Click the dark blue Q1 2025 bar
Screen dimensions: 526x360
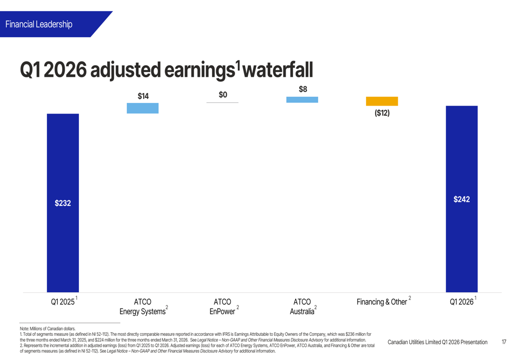point(63,203)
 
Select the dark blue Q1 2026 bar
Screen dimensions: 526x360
point(462,199)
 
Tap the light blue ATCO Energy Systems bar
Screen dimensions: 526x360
point(143,108)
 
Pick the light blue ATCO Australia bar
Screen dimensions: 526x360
point(302,99)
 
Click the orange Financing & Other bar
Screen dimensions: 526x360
point(382,101)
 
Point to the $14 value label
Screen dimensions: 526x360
point(143,96)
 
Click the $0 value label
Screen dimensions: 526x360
point(222,95)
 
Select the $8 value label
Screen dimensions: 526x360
point(303,89)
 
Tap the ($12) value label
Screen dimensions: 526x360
point(382,113)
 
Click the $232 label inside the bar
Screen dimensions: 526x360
point(63,203)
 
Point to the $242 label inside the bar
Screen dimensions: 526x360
point(462,199)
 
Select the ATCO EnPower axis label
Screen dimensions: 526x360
point(223,306)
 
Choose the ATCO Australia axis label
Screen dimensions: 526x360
point(303,306)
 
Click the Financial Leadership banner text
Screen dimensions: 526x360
point(39,24)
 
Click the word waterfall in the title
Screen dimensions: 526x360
point(277,70)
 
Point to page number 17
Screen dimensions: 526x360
point(504,342)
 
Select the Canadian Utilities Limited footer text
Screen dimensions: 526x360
point(438,342)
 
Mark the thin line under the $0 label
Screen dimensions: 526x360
point(222,102)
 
